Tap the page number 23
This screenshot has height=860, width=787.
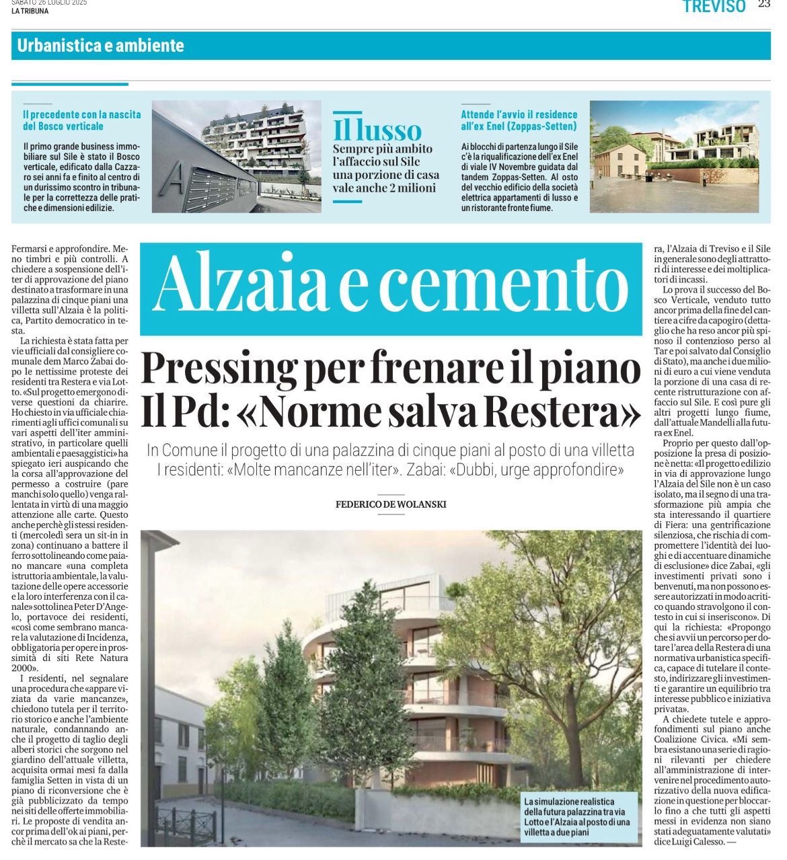click(764, 4)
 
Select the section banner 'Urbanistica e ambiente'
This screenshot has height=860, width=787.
click(101, 46)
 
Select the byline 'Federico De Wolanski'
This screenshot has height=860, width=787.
click(391, 504)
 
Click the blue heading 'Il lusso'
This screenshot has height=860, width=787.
click(377, 130)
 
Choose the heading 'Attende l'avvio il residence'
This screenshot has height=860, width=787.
click(519, 115)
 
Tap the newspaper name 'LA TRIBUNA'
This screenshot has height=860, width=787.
click(30, 11)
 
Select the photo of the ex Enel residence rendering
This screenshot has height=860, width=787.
click(673, 157)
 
